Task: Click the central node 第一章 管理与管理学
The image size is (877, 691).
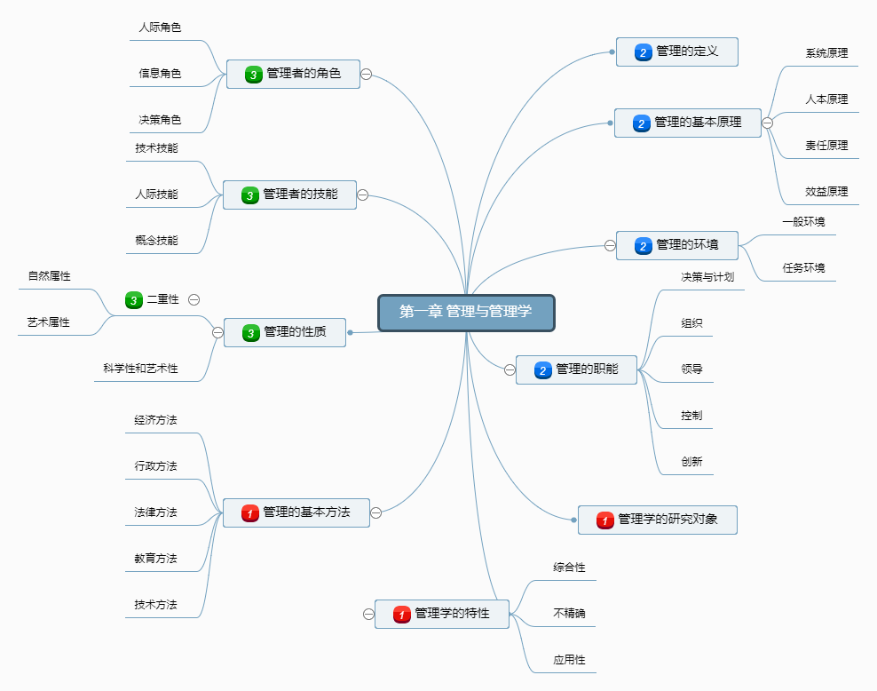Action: coord(466,312)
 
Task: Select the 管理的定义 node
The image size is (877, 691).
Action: coord(677,52)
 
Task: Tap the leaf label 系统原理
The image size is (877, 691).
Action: coord(826,53)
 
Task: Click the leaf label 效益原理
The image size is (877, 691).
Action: coord(826,191)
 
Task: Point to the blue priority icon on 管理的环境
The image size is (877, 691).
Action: coord(643,245)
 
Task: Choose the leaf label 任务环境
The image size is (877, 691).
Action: coord(803,266)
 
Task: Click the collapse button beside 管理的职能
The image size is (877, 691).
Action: coord(510,369)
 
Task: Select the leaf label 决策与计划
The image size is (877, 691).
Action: coord(707,277)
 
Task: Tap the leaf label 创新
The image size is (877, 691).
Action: coord(691,462)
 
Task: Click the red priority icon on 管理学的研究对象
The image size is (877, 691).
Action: coord(605,520)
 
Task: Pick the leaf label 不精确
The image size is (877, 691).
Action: coord(569,613)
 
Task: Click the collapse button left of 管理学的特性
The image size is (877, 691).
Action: coord(369,614)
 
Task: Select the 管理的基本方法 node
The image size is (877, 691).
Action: coord(296,512)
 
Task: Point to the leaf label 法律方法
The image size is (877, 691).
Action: coord(155,512)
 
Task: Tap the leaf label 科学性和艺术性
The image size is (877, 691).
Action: coord(140,368)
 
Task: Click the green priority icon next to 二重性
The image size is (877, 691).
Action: coord(134,300)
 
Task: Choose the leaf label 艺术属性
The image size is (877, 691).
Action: coord(48,322)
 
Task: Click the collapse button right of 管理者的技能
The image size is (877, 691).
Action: coord(362,195)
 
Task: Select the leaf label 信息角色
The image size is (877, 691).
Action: coord(160,74)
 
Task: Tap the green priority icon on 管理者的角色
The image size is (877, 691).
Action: coord(253,75)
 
